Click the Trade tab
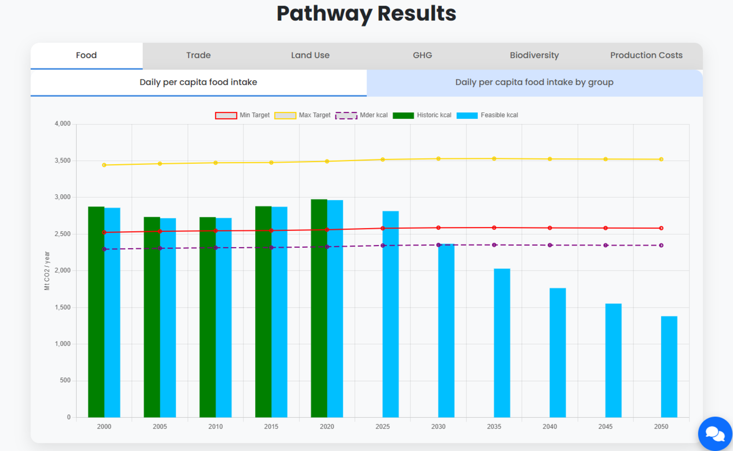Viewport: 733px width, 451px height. pos(198,55)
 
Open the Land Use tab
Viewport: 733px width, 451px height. pos(310,55)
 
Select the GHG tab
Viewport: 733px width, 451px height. pos(422,55)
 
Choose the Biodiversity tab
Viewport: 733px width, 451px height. pos(534,55)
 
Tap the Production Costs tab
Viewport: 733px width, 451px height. pos(646,55)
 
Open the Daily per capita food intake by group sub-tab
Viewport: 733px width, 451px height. pos(534,83)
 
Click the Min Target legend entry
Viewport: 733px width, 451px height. pos(242,115)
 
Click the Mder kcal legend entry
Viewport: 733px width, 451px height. pos(361,115)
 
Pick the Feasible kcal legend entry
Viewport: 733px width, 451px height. pos(487,115)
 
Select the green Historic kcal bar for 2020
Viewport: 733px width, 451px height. pos(319,308)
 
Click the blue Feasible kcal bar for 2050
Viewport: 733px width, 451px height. pos(669,367)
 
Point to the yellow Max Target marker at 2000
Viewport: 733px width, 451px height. pos(104,165)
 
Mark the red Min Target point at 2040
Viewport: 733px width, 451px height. pos(550,228)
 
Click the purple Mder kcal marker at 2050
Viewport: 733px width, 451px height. pos(661,245)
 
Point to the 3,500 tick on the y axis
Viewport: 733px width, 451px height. pos(63,161)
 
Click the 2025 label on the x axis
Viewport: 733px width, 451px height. pos(383,426)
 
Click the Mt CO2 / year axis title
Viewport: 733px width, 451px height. pos(47,271)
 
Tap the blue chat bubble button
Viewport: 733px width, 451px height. pos(715,434)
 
